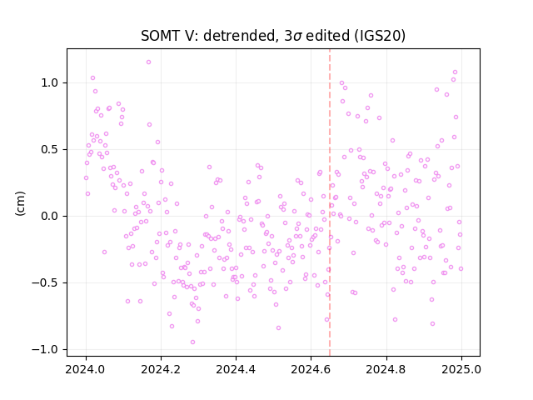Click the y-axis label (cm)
[20, 203]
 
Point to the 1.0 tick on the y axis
[51, 83]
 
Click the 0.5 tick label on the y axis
[51, 150]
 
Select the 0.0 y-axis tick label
[51, 217]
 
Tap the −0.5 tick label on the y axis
[47, 283]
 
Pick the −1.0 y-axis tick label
[47, 350]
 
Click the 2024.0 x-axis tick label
[86, 369]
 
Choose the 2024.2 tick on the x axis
[161, 369]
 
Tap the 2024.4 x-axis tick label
[236, 369]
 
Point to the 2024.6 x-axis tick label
[311, 369]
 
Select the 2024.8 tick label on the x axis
[386, 369]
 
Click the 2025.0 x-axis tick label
[461, 369]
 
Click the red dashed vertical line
[330, 202]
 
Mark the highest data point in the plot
[148, 62]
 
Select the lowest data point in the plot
[192, 342]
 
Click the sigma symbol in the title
[297, 37]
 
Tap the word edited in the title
[327, 36]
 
